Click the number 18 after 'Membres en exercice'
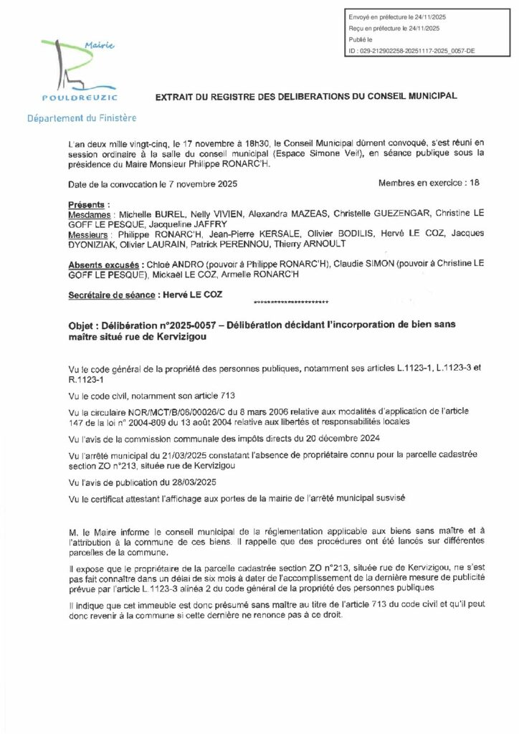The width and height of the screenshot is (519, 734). point(473,183)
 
